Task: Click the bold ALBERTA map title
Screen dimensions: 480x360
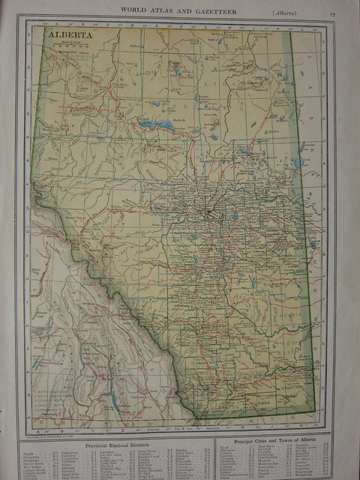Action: click(71, 34)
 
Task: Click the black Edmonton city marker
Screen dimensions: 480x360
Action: click(209, 217)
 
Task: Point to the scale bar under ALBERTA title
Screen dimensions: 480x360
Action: click(69, 46)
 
